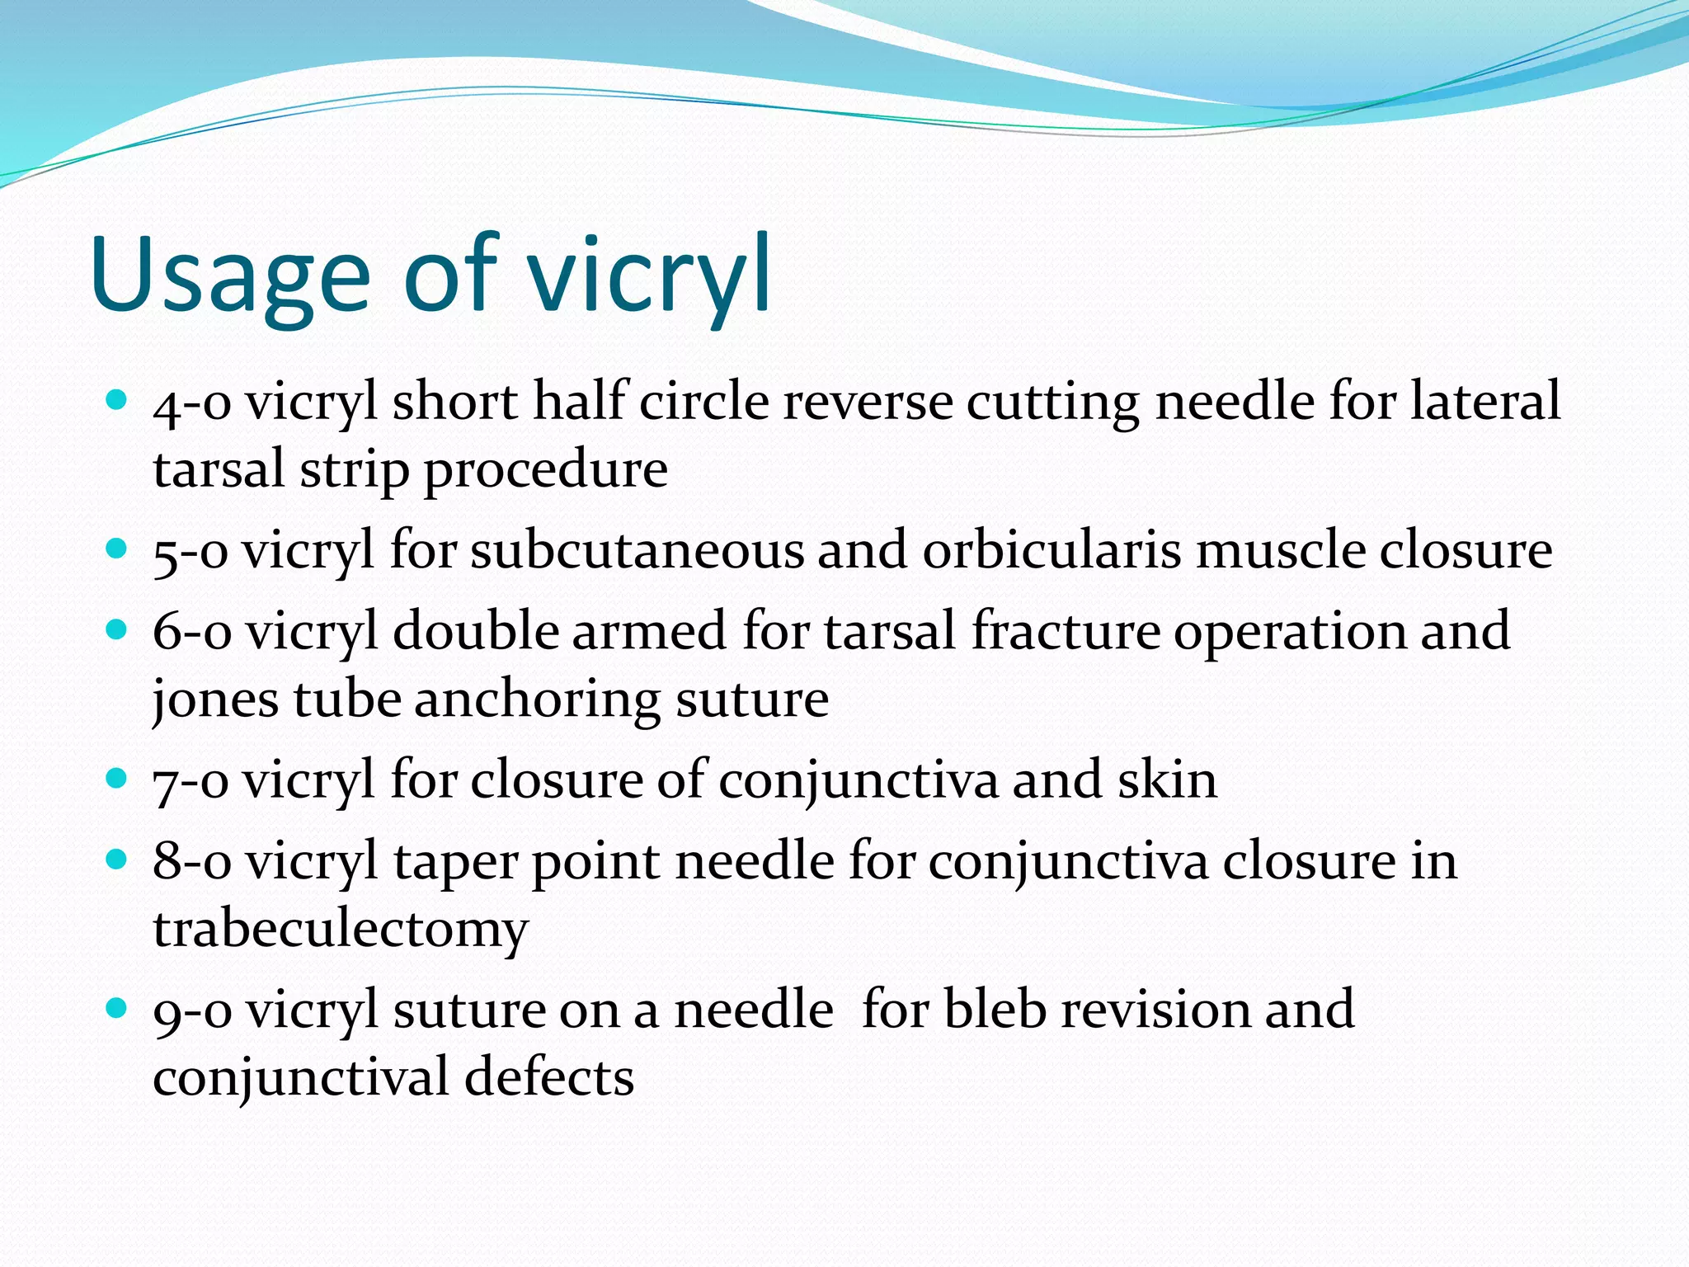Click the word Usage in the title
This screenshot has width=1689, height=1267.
point(231,276)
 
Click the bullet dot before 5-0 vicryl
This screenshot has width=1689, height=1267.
point(117,549)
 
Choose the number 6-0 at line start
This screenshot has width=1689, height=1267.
point(191,633)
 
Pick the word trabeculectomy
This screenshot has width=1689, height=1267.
point(340,930)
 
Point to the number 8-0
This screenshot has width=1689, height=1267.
point(191,863)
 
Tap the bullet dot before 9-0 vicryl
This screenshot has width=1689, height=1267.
point(117,1007)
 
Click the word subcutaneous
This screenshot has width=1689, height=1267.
point(637,551)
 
